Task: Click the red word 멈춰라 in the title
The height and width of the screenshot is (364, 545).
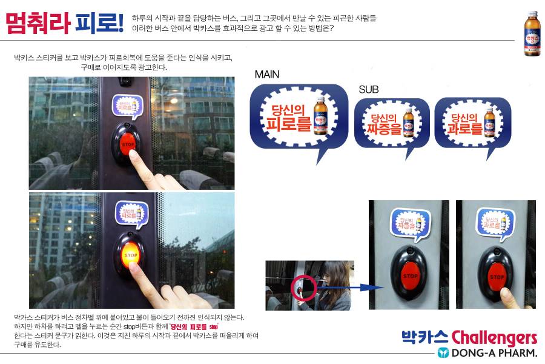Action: [x=38, y=22]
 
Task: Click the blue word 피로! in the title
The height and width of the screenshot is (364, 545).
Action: [x=100, y=22]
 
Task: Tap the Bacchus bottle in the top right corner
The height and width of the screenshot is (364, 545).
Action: [x=532, y=33]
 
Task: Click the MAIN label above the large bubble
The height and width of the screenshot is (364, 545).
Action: [x=267, y=75]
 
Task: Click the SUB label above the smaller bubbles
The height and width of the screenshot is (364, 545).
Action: [x=368, y=89]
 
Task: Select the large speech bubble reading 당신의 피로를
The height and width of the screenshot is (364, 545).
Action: [x=299, y=117]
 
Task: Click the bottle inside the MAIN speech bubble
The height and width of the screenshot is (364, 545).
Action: [x=320, y=114]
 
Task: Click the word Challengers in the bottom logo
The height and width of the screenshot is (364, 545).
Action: [x=494, y=337]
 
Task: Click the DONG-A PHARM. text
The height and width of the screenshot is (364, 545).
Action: [x=494, y=352]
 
